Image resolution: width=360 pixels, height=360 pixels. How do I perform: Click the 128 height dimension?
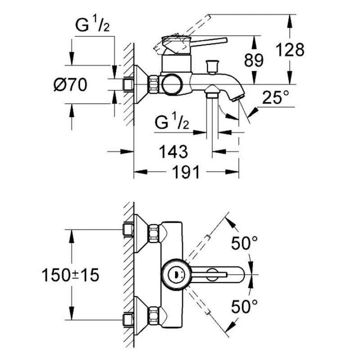click(x=290, y=49)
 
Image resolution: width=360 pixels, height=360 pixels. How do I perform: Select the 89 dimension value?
click(x=254, y=60)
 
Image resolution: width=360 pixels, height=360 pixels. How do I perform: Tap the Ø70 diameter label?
click(x=70, y=85)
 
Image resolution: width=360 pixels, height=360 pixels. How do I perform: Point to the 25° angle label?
click(x=275, y=97)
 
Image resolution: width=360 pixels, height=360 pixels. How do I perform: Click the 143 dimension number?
click(x=174, y=152)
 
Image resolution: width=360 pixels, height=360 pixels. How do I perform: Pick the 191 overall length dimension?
click(x=186, y=172)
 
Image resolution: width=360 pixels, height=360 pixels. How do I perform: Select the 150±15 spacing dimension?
click(x=70, y=275)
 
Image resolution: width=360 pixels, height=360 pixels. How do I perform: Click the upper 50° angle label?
click(x=244, y=243)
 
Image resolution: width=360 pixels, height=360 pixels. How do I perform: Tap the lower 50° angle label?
click(x=244, y=306)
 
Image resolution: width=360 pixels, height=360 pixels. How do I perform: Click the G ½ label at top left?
click(x=92, y=25)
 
